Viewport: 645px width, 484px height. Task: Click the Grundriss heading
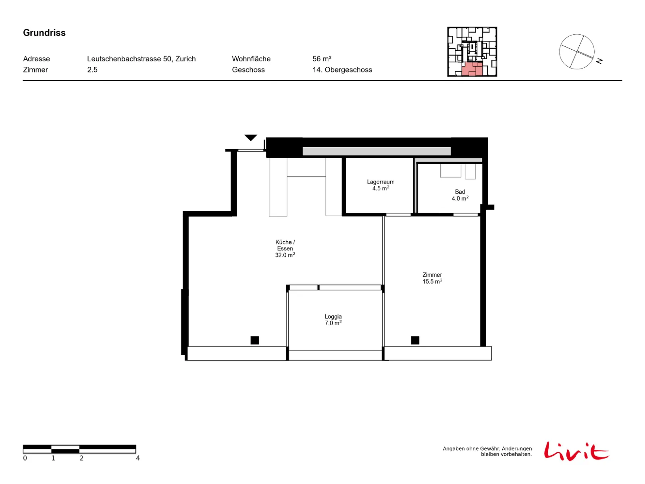coord(44,33)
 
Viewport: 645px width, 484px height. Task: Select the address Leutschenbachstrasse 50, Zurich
coord(141,59)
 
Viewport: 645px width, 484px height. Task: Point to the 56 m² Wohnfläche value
coord(322,59)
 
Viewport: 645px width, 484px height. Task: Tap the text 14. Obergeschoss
coord(342,70)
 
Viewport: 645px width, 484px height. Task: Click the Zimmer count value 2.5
coord(92,70)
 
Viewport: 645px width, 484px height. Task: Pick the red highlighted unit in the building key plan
coord(472,69)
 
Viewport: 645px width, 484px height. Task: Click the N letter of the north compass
coord(599,61)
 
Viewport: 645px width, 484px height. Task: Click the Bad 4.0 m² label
coord(460,195)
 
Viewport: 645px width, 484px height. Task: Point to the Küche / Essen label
coord(285,248)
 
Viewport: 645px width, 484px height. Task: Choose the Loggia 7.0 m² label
coord(333,320)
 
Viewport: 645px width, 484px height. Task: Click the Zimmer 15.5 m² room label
coord(432,278)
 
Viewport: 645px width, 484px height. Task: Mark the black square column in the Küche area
coord(254,340)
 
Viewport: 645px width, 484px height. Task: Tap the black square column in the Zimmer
coord(415,340)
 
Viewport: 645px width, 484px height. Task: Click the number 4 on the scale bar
coord(138,458)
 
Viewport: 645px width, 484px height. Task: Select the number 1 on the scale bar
coord(53,458)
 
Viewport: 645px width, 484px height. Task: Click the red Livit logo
coord(576,451)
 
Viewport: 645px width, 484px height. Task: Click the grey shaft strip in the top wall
coord(377,151)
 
